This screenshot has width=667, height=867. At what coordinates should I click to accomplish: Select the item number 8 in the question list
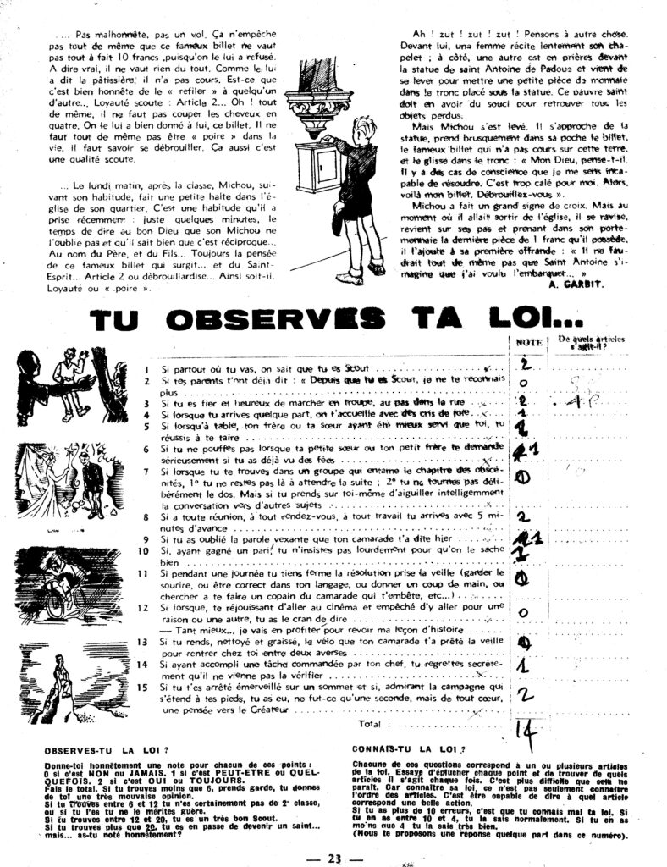(x=146, y=515)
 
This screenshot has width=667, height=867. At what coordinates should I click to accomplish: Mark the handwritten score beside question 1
(x=523, y=364)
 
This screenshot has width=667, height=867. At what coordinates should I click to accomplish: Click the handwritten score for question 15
(x=524, y=694)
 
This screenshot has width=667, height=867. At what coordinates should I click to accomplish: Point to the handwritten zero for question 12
(x=523, y=612)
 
